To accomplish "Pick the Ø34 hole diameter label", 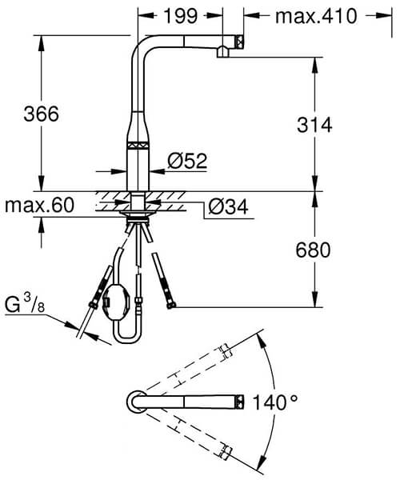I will point(226,208).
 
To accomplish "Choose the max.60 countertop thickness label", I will point(39,206).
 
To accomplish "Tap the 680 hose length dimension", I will point(313,250).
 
